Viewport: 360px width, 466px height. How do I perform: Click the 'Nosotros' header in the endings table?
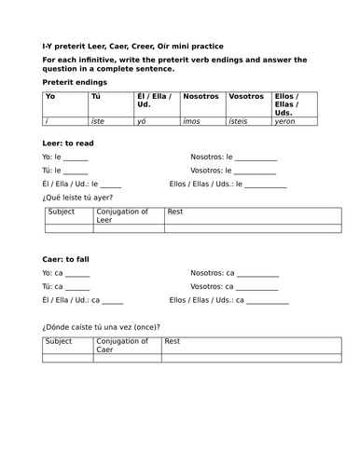tap(201, 96)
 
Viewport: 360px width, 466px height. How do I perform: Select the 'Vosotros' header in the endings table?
tap(246, 96)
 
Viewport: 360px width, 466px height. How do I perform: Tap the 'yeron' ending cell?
tap(285, 120)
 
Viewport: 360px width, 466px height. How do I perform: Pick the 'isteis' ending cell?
tap(241, 120)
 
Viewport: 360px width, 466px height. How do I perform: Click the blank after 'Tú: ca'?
tap(76, 287)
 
